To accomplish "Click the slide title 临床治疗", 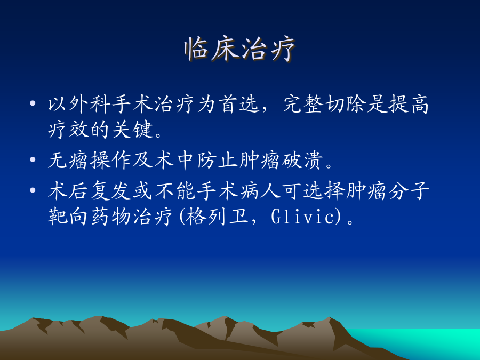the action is [x=239, y=49].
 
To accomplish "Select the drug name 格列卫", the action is [x=217, y=217].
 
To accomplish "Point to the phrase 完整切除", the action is [x=324, y=104].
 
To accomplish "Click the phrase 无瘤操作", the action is [x=90, y=161].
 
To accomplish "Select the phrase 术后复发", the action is [x=90, y=191].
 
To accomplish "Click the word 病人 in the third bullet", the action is [x=260, y=191].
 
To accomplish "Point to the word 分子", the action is [x=409, y=191].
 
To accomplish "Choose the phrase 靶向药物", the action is [x=90, y=217].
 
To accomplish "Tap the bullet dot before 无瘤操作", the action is [x=33, y=159].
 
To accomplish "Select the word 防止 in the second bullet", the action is [x=218, y=161].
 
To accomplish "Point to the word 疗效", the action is [x=69, y=130].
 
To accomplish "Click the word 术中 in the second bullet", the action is [x=175, y=161].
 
